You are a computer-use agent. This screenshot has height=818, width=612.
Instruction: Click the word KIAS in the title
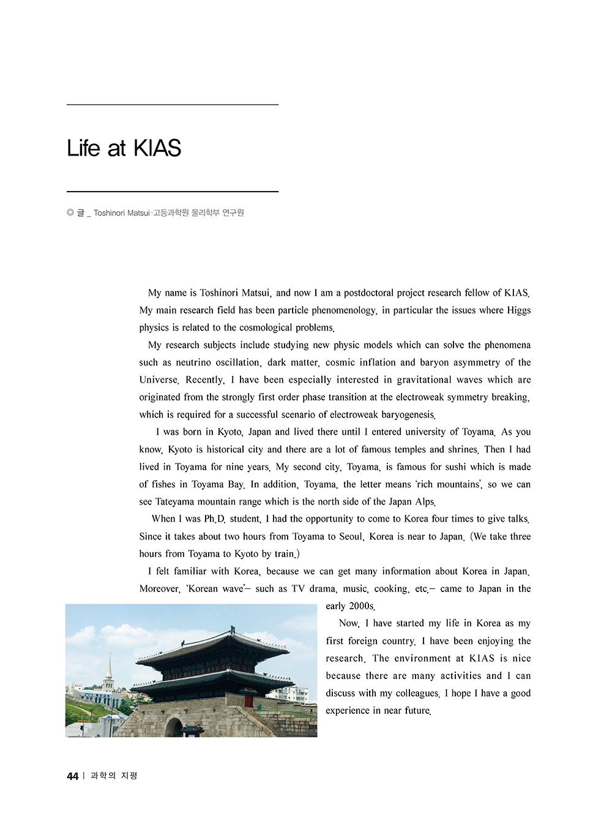pos(157,148)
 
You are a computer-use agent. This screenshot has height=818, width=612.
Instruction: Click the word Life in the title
pos(83,148)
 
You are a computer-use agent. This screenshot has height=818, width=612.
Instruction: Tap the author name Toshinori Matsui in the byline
pos(121,213)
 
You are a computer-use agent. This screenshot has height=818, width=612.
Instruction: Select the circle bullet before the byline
pos(70,212)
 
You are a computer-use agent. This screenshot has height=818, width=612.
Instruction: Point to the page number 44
pos(72,776)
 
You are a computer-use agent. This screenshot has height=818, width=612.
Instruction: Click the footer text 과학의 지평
pos(114,776)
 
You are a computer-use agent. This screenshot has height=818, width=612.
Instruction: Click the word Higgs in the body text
pos(518,310)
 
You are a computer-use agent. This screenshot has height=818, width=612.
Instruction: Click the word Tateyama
pos(176,501)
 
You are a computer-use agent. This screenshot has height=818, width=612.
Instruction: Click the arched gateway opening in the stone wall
pos(174,727)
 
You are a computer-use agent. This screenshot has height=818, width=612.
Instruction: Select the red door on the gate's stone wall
pos(248,700)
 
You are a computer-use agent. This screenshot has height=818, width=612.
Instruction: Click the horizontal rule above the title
pos(172,105)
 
